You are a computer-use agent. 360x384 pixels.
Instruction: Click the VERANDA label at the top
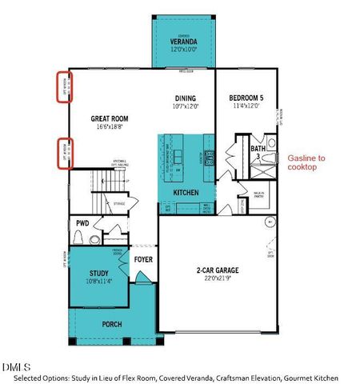click(x=184, y=41)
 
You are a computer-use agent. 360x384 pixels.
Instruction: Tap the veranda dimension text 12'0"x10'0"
click(x=184, y=49)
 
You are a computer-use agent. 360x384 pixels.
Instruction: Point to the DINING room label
click(x=186, y=98)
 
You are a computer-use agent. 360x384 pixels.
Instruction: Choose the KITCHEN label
click(x=186, y=194)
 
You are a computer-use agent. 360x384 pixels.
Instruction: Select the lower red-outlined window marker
click(x=63, y=153)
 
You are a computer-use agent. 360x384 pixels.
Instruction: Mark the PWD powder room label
click(x=82, y=223)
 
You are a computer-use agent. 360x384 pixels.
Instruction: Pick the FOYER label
click(x=143, y=258)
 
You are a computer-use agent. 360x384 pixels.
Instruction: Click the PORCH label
click(x=112, y=324)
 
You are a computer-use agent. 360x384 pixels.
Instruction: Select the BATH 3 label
click(x=257, y=151)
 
